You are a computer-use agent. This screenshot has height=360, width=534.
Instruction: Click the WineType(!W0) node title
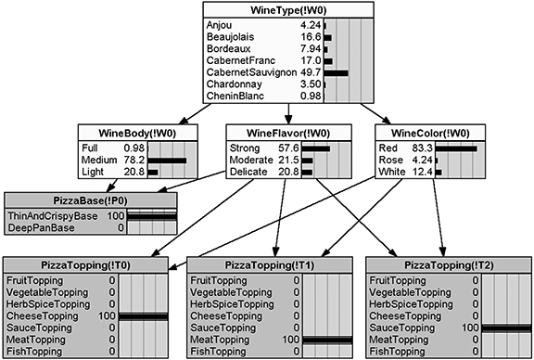(288, 9)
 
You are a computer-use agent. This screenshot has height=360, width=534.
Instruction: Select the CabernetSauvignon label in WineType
(251, 72)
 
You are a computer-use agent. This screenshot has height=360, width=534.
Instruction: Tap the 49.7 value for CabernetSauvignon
(311, 72)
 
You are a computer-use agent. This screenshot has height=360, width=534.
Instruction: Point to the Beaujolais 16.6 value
(311, 36)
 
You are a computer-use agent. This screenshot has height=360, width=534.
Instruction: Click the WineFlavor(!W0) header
(288, 134)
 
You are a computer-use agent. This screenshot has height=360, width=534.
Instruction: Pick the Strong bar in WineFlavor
(315, 147)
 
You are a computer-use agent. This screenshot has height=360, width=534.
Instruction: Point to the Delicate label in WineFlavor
(248, 171)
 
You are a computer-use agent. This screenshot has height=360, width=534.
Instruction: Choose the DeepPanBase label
(44, 227)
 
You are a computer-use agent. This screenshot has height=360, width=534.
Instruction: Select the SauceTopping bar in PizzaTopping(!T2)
(505, 328)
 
